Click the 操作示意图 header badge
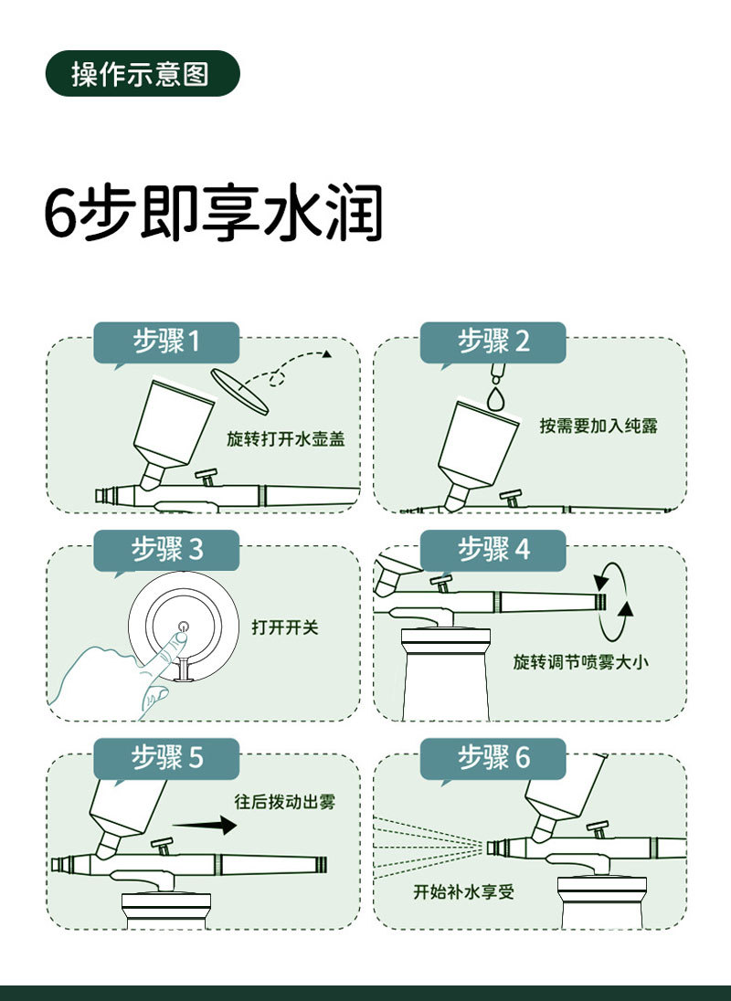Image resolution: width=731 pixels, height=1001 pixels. click(143, 73)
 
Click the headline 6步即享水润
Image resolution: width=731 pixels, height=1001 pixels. click(214, 213)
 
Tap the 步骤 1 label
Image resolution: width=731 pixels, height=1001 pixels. click(166, 342)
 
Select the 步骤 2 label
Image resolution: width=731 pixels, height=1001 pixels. click(493, 342)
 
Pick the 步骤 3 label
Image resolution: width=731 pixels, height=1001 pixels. click(166, 550)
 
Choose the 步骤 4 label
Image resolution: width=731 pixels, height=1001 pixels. click(493, 550)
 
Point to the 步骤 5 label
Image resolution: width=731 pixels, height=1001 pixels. click(166, 758)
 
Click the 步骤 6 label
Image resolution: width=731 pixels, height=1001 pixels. click(493, 758)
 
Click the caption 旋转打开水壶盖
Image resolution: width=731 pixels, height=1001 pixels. click(286, 438)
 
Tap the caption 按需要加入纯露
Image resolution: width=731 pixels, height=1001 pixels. click(599, 426)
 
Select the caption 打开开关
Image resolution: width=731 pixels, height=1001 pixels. click(285, 627)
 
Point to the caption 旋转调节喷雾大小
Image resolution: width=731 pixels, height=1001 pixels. click(580, 661)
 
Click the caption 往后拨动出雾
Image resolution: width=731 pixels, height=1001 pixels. click(285, 801)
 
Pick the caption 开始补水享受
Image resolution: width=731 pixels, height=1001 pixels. click(463, 891)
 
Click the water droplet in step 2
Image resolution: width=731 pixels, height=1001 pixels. click(495, 398)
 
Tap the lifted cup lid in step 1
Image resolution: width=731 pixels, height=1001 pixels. click(240, 391)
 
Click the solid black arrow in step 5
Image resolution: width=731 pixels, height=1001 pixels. click(205, 825)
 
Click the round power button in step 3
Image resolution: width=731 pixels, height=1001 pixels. click(184, 626)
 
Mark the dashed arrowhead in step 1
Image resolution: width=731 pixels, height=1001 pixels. click(327, 353)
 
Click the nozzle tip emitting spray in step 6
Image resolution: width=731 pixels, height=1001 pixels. click(493, 848)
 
